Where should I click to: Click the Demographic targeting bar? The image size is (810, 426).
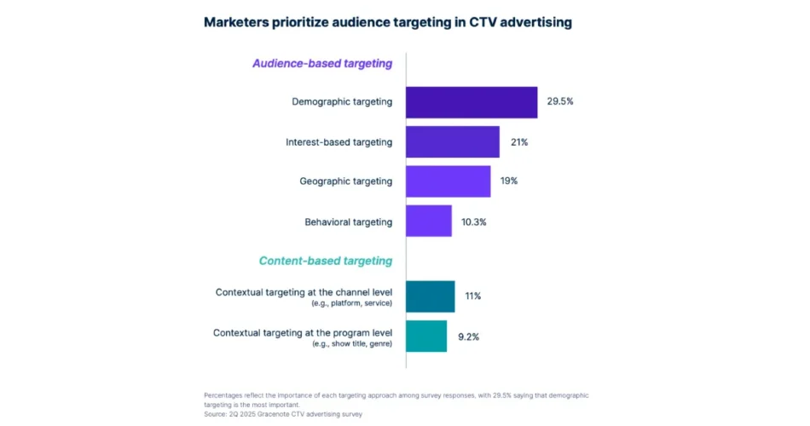tap(472, 102)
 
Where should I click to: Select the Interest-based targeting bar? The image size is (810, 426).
tap(452, 141)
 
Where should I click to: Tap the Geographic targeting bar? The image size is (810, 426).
tap(448, 181)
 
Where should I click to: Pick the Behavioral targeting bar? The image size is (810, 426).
tap(428, 222)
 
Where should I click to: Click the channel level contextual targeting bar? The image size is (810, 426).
tap(430, 296)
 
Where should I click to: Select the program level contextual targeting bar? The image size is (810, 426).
tap(425, 336)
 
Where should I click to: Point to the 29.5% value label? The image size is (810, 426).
tap(560, 101)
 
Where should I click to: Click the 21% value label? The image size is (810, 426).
tap(519, 141)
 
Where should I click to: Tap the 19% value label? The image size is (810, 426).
tap(509, 181)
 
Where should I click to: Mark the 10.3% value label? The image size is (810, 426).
tap(473, 222)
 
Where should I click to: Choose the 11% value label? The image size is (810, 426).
tap(473, 296)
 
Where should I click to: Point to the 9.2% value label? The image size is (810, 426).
tap(468, 337)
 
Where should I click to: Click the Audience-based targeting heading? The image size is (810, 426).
tap(322, 63)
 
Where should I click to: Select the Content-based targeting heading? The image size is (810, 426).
tap(326, 261)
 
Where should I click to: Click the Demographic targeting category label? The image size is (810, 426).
tap(342, 102)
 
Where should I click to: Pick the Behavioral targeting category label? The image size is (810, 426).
tap(348, 222)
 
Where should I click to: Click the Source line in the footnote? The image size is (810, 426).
tap(283, 414)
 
